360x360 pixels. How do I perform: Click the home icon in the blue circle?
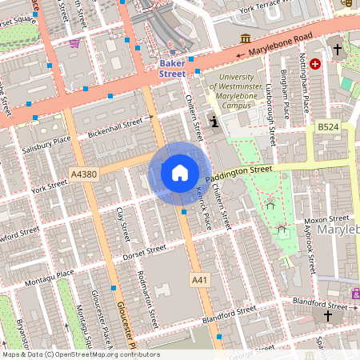(179, 172)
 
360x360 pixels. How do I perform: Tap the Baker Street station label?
(172, 68)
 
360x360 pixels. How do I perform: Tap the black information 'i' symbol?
(214, 122)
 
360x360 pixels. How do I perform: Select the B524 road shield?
(327, 126)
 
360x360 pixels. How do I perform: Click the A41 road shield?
(200, 279)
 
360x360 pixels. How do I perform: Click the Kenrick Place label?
(202, 205)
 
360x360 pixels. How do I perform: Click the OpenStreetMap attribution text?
(80, 354)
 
